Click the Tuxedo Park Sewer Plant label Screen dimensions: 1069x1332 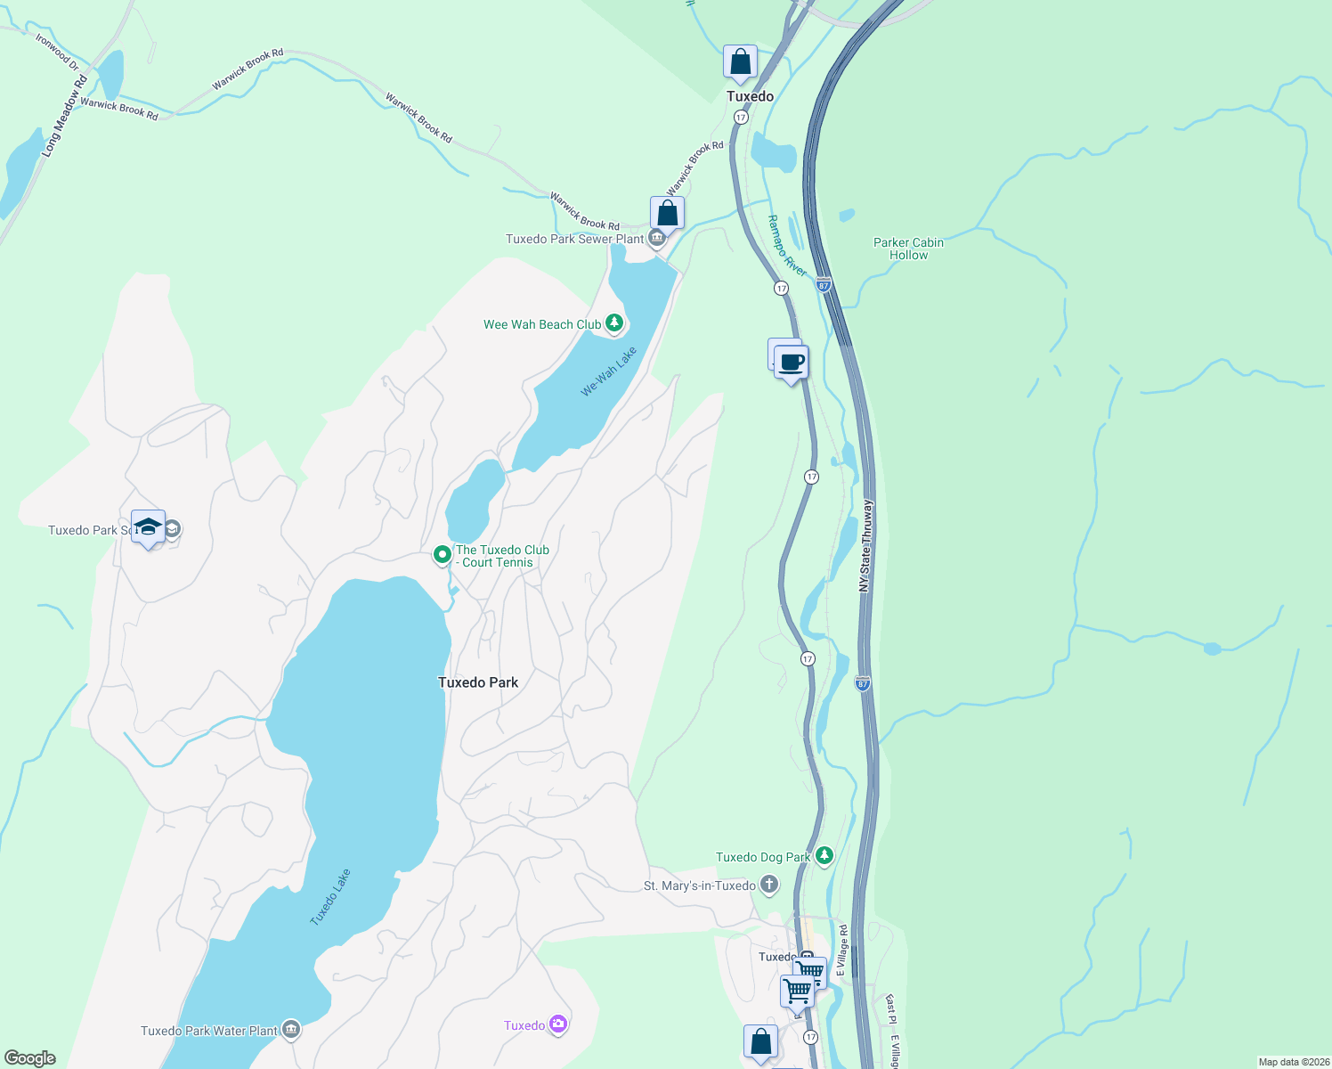[x=574, y=239]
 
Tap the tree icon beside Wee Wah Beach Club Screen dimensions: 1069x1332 [x=614, y=323]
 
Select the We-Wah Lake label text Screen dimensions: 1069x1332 [x=609, y=371]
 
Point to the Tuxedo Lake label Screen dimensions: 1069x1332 [x=330, y=897]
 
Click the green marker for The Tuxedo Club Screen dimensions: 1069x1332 [x=442, y=555]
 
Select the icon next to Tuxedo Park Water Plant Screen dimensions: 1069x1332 [x=291, y=1030]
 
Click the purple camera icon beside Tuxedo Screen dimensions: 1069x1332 [x=558, y=1024]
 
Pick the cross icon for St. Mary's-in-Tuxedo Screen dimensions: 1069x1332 [x=769, y=885]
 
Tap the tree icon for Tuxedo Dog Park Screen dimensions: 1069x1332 [x=824, y=856]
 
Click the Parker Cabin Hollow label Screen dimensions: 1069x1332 [x=908, y=249]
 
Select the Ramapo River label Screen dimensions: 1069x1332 [x=787, y=246]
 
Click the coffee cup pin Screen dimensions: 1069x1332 [x=790, y=363]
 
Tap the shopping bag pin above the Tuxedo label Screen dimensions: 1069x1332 [x=740, y=62]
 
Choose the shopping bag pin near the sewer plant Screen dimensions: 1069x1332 [x=667, y=214]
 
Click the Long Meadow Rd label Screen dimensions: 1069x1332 [x=65, y=117]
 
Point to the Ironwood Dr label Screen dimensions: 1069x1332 [x=57, y=52]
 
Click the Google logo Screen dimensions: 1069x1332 [x=30, y=1057]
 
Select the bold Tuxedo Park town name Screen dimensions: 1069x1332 [x=478, y=682]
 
